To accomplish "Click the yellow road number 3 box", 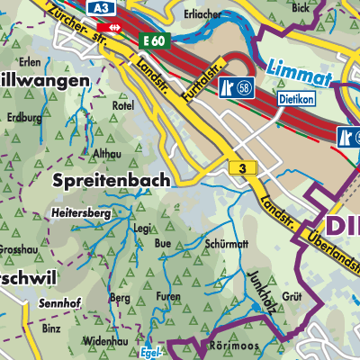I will click(x=240, y=168).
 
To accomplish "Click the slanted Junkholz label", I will click(x=256, y=264).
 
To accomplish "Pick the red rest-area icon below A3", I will click(x=112, y=27).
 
